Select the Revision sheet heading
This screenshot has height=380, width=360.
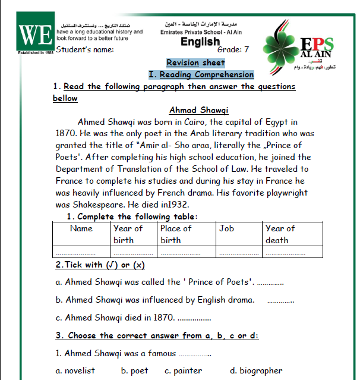tap(195, 62)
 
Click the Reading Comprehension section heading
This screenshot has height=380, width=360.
tap(201, 75)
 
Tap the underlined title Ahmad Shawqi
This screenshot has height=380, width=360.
tap(199, 110)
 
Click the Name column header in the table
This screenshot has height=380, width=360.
tap(81, 228)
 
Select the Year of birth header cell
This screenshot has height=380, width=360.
tap(128, 234)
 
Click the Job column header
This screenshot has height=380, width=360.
tap(226, 228)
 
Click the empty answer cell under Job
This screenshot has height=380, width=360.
tap(239, 252)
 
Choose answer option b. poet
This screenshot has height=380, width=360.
tap(135, 370)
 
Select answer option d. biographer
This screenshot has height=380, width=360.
tap(256, 370)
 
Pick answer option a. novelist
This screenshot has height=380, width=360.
tap(75, 370)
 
